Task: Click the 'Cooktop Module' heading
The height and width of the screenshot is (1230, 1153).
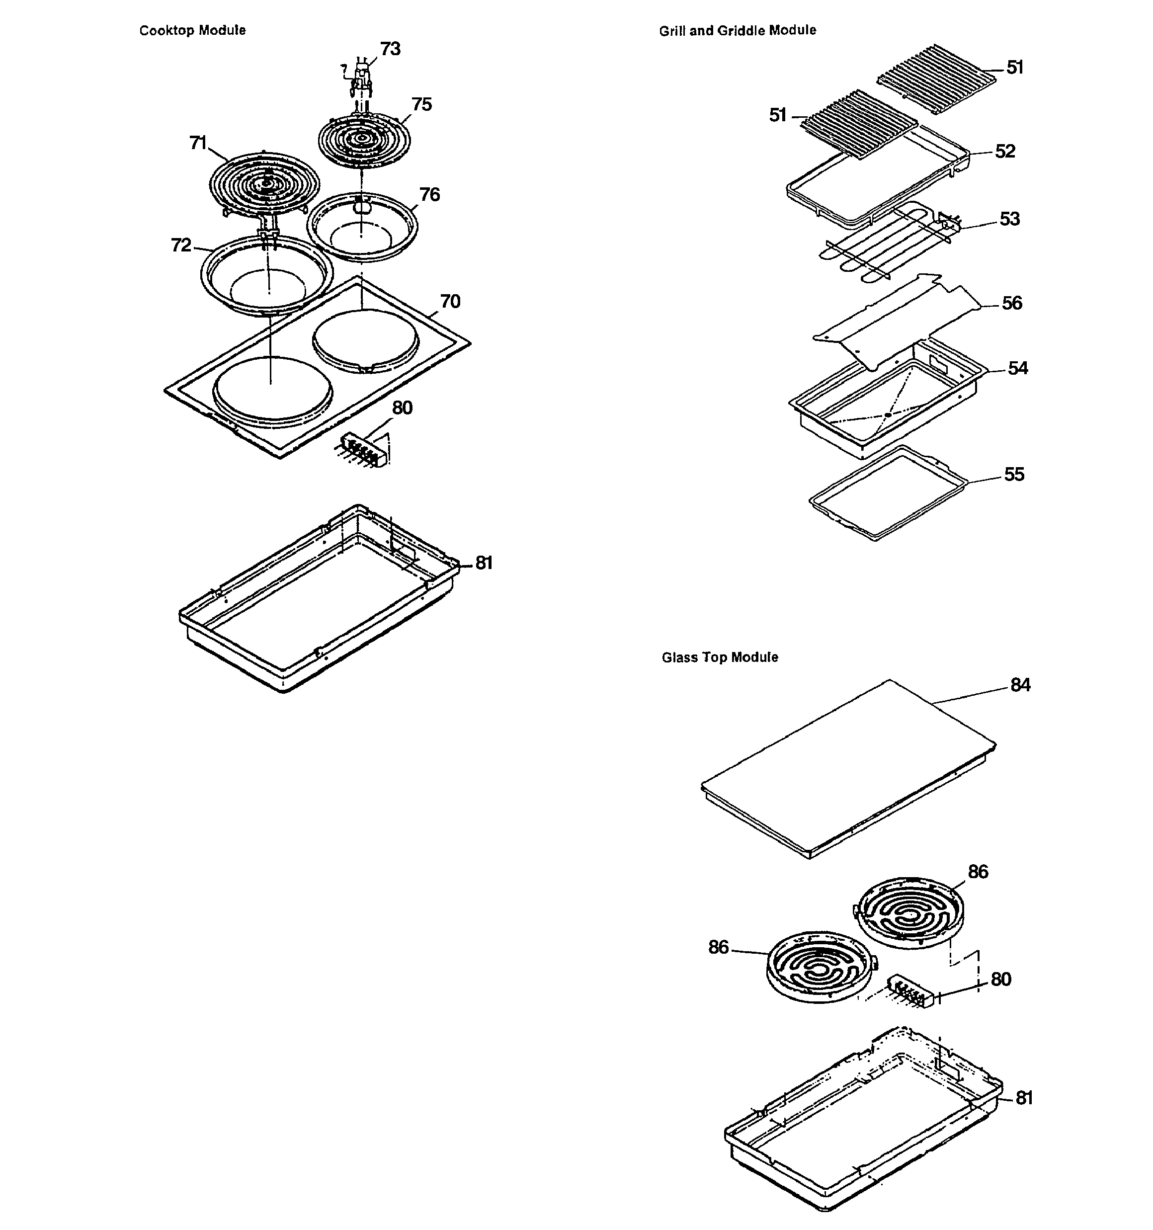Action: pyautogui.click(x=192, y=30)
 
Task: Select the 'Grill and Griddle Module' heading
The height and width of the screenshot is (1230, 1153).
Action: pyautogui.click(x=737, y=30)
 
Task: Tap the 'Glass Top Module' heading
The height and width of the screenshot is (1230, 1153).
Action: pyautogui.click(x=720, y=657)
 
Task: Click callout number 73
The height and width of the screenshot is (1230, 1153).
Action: pyautogui.click(x=390, y=49)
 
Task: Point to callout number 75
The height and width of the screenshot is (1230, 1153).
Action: pyautogui.click(x=421, y=104)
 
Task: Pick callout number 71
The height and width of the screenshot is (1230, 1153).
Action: pyautogui.click(x=198, y=143)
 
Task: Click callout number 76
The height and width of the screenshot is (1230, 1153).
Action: pyautogui.click(x=429, y=195)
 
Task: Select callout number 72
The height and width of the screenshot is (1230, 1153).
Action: pyautogui.click(x=181, y=246)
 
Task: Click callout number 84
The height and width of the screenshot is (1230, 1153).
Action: pyautogui.click(x=1020, y=685)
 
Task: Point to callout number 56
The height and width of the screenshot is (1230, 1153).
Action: pyautogui.click(x=1012, y=303)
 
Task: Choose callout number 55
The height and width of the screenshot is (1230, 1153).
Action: pyautogui.click(x=1014, y=475)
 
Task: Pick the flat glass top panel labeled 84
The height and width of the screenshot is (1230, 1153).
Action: pyautogui.click(x=848, y=767)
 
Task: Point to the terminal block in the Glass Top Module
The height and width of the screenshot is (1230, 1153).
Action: pyautogui.click(x=910, y=992)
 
